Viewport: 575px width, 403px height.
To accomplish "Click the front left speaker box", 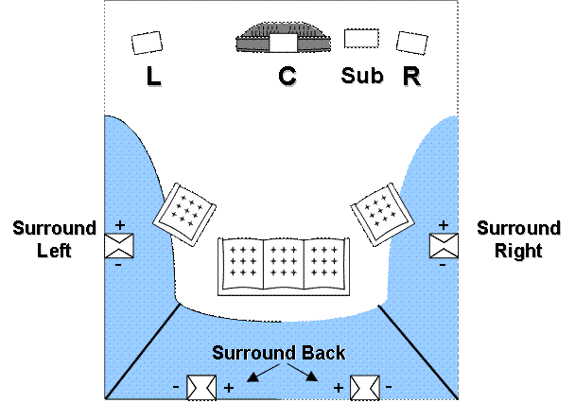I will [x=147, y=43].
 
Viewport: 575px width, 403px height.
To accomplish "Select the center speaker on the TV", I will [x=283, y=43].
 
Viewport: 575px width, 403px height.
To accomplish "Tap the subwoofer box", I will [x=361, y=38].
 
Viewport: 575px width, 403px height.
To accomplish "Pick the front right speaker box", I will [x=411, y=43].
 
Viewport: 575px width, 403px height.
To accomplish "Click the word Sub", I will [x=363, y=77].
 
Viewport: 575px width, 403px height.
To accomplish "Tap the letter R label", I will [x=412, y=78].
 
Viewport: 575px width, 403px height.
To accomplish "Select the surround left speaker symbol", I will [x=120, y=245].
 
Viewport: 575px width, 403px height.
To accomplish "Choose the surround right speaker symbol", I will [x=443, y=245].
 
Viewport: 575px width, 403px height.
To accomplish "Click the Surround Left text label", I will [x=55, y=241].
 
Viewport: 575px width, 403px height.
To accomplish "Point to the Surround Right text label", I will [x=518, y=241].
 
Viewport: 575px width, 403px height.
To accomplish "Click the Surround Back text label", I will [x=279, y=353].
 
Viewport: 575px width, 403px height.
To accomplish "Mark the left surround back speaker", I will [x=201, y=387].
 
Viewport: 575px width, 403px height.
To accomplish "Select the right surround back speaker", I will [x=364, y=387].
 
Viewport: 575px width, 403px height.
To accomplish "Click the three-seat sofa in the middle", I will [x=284, y=266].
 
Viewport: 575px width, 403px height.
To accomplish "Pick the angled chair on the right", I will [x=382, y=212].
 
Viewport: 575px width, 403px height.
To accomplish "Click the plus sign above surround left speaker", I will [x=120, y=224].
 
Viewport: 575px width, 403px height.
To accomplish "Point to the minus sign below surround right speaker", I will [x=443, y=265].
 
